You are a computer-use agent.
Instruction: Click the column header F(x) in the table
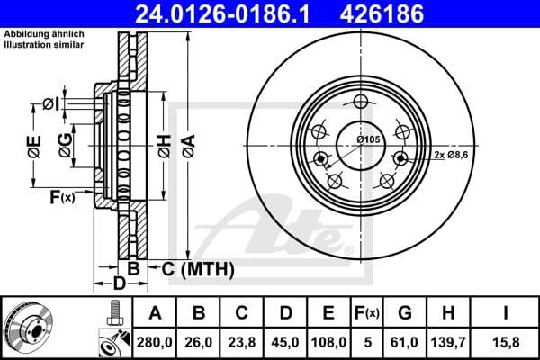[366, 312]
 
